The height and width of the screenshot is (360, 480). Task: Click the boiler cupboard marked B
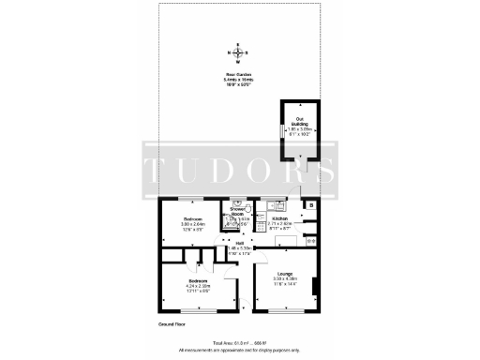(x=311, y=204)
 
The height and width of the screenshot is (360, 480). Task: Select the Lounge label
(x=284, y=276)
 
